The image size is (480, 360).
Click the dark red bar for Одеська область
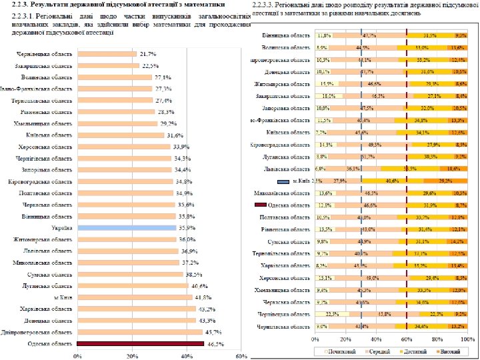140,344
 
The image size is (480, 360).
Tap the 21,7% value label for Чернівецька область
147,53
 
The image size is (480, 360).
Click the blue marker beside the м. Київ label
283,181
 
